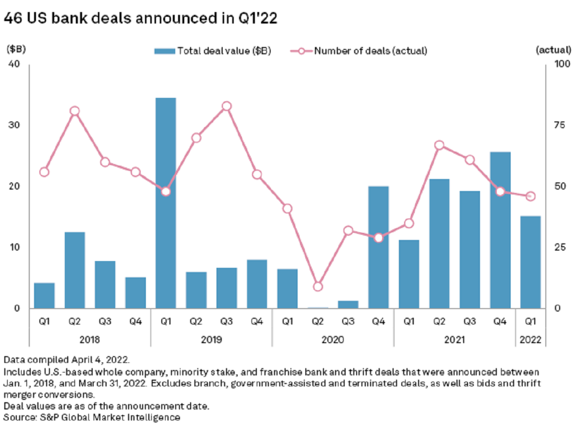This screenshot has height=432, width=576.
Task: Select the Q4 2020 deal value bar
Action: (378, 247)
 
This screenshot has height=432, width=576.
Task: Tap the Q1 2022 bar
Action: (530, 262)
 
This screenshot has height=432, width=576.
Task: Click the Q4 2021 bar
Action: (500, 230)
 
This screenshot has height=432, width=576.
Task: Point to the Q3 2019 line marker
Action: (227, 106)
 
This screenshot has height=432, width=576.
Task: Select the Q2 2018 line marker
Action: (74, 111)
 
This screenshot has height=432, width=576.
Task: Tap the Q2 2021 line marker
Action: (439, 145)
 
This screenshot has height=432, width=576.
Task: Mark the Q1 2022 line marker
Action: (530, 196)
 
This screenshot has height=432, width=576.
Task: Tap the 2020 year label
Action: (332, 339)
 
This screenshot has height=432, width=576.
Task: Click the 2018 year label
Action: (89, 339)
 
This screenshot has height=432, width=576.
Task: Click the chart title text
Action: (141, 20)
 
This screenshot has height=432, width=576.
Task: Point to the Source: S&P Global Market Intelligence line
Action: (92, 417)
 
